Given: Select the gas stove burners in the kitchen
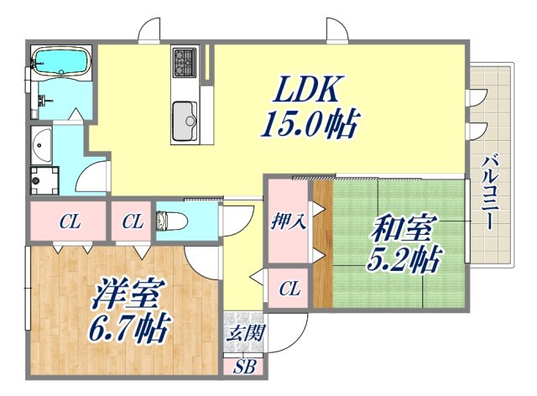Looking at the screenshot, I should pos(185,60).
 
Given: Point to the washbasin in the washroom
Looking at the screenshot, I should pos(41,147).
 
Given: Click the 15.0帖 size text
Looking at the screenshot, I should pos(310,126).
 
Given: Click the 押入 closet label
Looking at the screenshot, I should pos(288,222).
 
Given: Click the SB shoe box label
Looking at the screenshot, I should pos(244,367).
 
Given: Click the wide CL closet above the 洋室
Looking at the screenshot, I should pos(69,222).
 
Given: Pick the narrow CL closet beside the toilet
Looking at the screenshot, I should pos(132,222).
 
